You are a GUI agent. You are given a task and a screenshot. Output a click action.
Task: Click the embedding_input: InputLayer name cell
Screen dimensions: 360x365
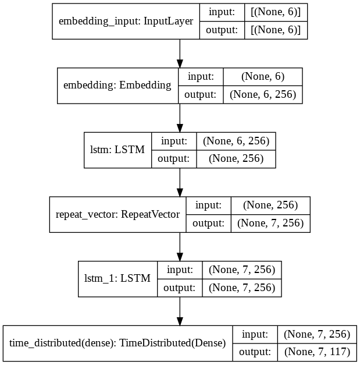(126, 21)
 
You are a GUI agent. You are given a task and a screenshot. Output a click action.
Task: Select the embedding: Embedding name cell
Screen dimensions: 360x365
(117, 86)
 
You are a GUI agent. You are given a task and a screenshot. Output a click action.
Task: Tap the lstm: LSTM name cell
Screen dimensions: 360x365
(117, 150)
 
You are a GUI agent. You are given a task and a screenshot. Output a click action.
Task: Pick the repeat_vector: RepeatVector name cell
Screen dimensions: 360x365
(117, 214)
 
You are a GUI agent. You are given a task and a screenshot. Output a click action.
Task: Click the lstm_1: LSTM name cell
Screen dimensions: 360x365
(117, 279)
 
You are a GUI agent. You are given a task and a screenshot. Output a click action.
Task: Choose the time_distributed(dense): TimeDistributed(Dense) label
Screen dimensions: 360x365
(117, 343)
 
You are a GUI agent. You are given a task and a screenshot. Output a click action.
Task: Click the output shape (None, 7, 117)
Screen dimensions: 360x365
(317, 352)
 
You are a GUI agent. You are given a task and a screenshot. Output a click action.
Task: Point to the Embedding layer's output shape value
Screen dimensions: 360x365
(263, 94)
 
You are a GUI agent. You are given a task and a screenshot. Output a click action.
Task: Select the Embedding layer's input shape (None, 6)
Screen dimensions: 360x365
(263, 77)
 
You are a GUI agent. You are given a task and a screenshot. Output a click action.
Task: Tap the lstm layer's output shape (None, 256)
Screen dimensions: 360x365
(236, 159)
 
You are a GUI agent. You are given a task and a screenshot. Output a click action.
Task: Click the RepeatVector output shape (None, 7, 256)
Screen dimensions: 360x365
(270, 223)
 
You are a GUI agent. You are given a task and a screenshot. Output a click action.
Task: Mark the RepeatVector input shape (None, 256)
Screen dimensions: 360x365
(270, 205)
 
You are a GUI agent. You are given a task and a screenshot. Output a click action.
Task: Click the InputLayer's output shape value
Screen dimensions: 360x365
(276, 30)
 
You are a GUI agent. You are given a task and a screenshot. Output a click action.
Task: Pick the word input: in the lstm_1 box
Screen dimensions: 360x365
(180, 270)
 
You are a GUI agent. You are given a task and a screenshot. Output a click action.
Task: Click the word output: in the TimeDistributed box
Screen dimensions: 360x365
(255, 352)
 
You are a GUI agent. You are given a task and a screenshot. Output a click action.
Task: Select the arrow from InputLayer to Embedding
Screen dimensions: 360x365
(180, 54)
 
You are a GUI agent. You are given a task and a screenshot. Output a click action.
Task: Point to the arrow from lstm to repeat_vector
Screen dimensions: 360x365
(180, 182)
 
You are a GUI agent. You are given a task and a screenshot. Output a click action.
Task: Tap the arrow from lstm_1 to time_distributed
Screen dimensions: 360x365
(180, 311)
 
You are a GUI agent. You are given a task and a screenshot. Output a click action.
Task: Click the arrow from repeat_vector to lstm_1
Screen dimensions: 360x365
(180, 247)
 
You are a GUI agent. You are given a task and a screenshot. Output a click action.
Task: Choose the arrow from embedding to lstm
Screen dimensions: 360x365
(180, 118)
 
